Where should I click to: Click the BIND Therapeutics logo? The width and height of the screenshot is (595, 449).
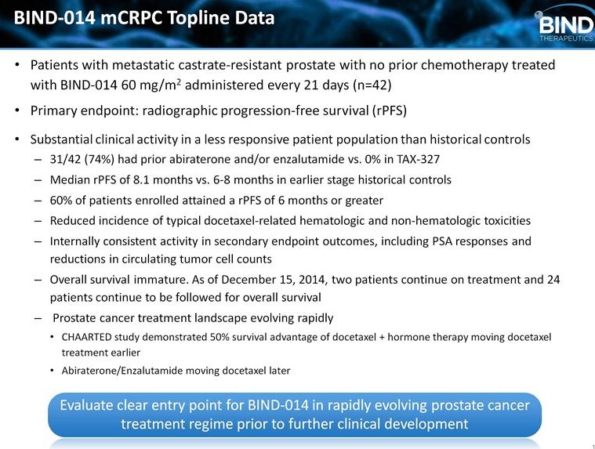(x=564, y=26)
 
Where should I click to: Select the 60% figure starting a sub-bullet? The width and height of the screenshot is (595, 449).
(x=60, y=201)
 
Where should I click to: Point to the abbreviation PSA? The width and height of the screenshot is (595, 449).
(x=442, y=241)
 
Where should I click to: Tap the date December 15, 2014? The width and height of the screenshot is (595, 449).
(x=273, y=280)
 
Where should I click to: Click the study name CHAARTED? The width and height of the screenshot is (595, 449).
(x=86, y=337)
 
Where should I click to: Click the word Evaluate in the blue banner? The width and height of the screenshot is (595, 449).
(x=87, y=405)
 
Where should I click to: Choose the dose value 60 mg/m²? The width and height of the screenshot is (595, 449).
(x=151, y=84)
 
